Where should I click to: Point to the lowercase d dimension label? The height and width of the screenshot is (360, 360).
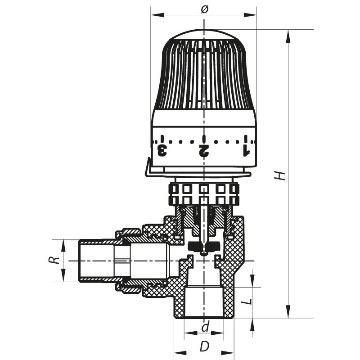coord(205,327)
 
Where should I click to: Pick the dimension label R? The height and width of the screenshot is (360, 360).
coord(54,260)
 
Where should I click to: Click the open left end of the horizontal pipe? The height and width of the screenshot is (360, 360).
coord(80,261)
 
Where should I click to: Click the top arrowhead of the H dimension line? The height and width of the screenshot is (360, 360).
coord(288,33)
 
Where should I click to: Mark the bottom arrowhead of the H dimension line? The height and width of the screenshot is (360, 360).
coord(288,315)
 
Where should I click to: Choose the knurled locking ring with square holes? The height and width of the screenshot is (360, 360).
coord(204,194)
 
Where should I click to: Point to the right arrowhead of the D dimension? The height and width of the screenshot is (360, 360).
coord(233,352)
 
